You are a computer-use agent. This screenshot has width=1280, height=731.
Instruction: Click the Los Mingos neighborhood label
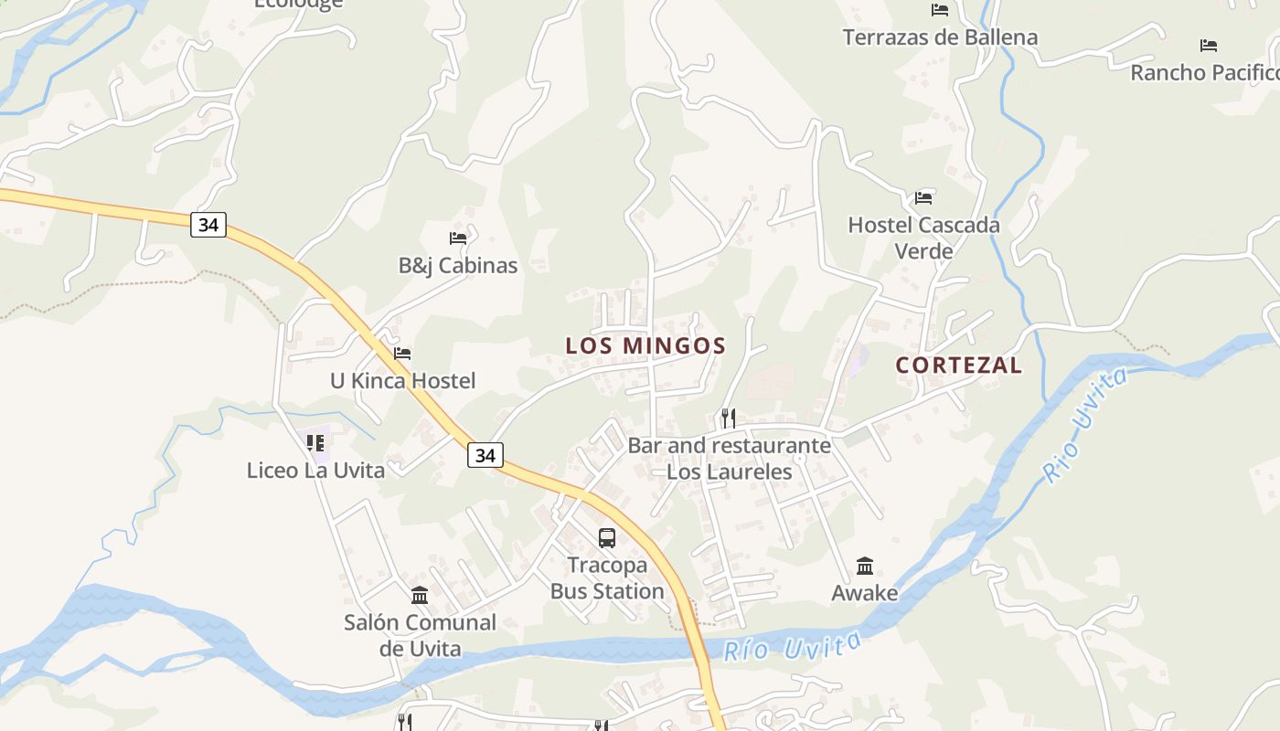(645, 346)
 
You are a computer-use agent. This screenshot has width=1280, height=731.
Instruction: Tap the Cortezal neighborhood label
(958, 365)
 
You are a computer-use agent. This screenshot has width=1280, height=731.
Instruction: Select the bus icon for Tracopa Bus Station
(607, 538)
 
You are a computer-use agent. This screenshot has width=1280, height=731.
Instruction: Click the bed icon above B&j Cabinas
(458, 238)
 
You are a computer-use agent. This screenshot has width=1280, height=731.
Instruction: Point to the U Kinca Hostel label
(402, 381)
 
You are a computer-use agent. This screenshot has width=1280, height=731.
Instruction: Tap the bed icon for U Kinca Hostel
(402, 354)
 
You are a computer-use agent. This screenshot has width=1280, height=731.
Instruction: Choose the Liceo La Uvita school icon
(316, 443)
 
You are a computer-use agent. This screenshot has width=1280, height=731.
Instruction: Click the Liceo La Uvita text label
(315, 471)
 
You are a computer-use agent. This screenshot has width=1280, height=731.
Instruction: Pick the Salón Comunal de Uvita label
(420, 635)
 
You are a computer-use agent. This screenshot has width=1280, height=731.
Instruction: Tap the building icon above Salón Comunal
(420, 596)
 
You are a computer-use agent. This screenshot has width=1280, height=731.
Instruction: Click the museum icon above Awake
(865, 566)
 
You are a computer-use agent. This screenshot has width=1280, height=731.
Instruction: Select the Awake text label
(865, 593)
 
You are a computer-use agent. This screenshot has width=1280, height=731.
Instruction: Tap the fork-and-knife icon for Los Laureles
(729, 418)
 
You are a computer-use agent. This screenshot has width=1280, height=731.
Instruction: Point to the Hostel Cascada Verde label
(923, 238)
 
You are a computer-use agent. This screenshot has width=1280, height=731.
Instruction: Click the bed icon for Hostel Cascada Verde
(923, 197)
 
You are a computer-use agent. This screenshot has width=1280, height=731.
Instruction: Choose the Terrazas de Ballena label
(940, 37)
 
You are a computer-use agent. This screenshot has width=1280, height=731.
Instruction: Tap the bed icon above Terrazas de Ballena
(940, 10)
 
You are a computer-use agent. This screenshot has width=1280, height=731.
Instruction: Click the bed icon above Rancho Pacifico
(1209, 45)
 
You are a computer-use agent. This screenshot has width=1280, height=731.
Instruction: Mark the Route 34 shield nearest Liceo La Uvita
(485, 454)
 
